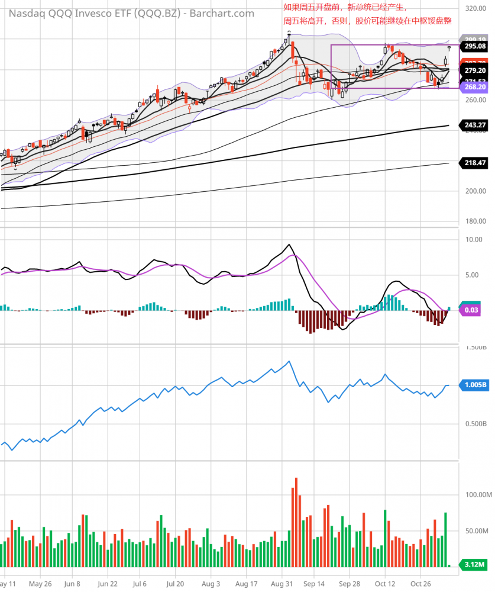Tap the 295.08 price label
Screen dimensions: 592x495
click(475, 46)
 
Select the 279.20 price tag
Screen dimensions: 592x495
click(475, 70)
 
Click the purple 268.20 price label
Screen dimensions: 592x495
click(475, 87)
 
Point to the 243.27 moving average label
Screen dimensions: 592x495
click(475, 125)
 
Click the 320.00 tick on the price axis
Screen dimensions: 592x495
click(475, 9)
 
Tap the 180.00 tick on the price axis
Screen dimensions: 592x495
click(475, 221)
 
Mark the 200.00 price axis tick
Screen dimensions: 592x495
click(475, 191)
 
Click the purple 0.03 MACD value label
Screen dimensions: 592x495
click(471, 310)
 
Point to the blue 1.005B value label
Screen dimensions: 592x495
click(475, 385)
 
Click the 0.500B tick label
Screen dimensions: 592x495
click(475, 423)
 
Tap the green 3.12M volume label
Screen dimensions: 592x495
click(473, 565)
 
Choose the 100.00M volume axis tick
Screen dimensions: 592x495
click(476, 494)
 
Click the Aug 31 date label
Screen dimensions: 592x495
click(281, 583)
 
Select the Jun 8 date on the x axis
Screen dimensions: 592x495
click(72, 583)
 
